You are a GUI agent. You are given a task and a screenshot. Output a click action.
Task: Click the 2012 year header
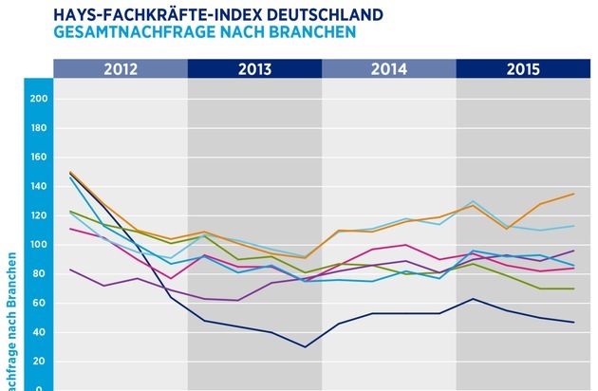[x=121, y=68]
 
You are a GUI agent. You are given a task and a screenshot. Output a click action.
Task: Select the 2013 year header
[x=255, y=68]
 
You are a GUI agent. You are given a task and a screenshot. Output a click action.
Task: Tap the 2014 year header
[x=389, y=68]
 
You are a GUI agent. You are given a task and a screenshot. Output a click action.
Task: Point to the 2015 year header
[x=523, y=68]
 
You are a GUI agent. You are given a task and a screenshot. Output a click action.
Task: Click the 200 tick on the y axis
[x=39, y=99]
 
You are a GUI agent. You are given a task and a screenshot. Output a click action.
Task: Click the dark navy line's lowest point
[x=305, y=346]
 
